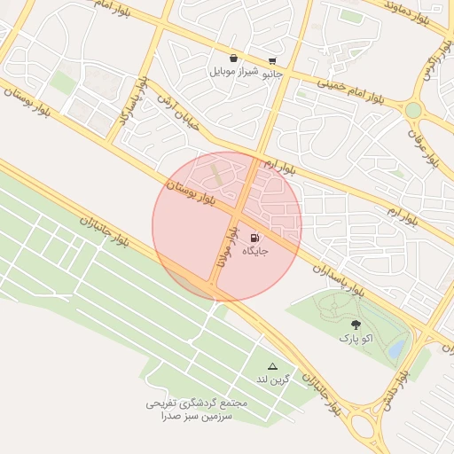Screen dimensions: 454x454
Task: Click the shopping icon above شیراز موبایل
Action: [x=233, y=58]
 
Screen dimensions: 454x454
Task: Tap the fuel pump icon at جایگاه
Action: [x=255, y=237]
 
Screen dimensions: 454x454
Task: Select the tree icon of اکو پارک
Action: [x=356, y=325]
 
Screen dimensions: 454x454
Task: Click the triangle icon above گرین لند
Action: [x=272, y=366]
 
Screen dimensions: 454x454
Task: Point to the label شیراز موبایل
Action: [x=233, y=71]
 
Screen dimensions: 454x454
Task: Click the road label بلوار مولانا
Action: [x=228, y=250]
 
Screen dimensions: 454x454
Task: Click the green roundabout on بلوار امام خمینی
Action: [x=413, y=110]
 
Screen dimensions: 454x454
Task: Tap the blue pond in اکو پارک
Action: [x=396, y=347]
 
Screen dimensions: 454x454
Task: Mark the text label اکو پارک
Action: [x=356, y=339]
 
